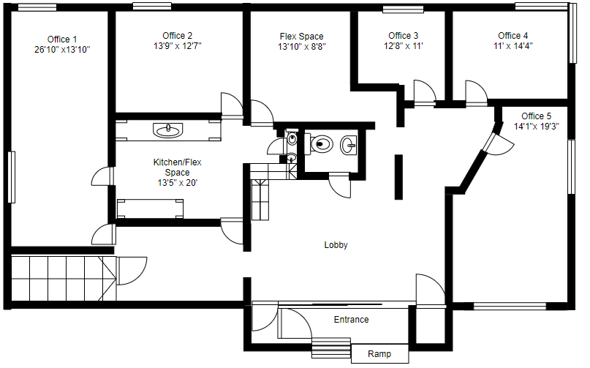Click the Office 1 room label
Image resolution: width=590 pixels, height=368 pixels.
[x=62, y=40]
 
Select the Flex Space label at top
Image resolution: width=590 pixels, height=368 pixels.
[x=301, y=37]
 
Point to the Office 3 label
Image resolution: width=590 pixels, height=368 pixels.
[x=404, y=36]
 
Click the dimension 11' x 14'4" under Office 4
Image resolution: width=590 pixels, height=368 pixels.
[x=513, y=45]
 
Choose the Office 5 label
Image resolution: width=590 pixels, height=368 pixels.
[x=537, y=116]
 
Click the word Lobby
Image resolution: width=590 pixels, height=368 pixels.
[x=336, y=245]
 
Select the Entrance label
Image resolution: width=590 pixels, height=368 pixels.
[x=351, y=320]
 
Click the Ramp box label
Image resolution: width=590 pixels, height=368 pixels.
[x=379, y=354]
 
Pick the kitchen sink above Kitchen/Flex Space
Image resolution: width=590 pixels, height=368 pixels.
[x=168, y=130]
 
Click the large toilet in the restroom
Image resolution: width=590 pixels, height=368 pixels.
[x=319, y=143]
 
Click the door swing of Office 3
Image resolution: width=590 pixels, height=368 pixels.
[x=424, y=93]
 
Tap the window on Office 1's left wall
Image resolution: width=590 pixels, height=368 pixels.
[x=11, y=176]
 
